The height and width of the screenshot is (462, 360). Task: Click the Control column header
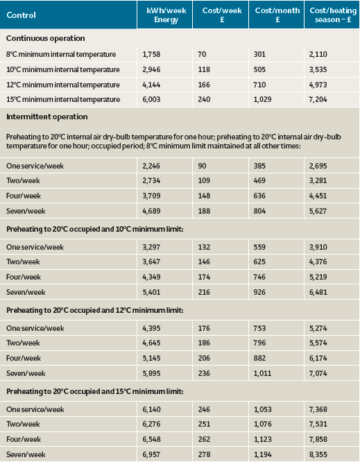click(21, 15)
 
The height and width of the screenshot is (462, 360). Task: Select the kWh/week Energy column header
click(166, 15)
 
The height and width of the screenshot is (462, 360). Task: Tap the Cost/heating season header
click(333, 15)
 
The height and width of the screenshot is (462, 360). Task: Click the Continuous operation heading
click(45, 38)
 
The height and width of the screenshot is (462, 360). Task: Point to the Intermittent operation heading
click(47, 117)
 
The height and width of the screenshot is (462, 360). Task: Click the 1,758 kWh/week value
click(151, 54)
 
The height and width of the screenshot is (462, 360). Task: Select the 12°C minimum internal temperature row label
click(63, 85)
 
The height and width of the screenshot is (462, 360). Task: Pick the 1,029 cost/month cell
click(262, 100)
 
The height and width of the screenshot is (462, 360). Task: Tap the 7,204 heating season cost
click(318, 100)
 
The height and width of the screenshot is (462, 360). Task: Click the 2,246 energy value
click(151, 166)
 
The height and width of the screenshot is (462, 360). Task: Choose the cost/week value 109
click(204, 180)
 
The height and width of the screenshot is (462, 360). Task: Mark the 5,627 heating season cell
click(318, 211)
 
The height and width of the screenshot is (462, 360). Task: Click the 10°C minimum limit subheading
click(95, 229)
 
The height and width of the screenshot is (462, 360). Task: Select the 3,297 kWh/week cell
click(151, 247)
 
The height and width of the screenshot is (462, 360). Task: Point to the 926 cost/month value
click(259, 292)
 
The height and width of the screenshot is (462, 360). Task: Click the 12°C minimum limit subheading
click(95, 310)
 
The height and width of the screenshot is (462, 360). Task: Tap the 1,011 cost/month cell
click(262, 373)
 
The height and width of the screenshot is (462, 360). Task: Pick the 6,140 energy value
click(151, 409)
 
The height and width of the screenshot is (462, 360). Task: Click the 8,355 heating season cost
click(318, 454)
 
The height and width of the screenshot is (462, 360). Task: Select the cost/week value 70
click(202, 54)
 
